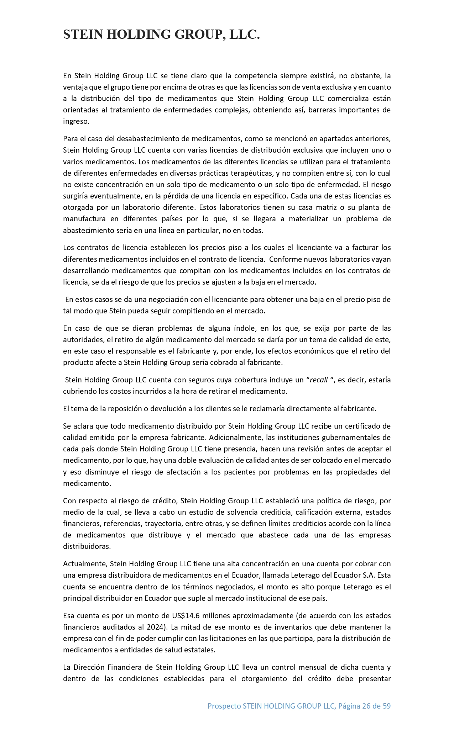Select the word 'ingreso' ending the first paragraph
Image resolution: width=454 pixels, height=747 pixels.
tap(75, 121)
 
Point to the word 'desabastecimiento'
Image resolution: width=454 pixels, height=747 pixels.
tap(146, 138)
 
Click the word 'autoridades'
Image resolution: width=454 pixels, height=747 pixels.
tap(83, 340)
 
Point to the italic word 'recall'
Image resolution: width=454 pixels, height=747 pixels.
tap(319, 380)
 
